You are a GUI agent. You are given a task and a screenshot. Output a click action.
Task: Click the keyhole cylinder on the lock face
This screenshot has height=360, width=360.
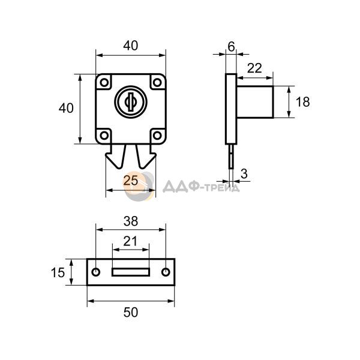coord(131,102)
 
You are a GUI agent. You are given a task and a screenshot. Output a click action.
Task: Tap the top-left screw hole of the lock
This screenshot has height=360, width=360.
coord(104,82)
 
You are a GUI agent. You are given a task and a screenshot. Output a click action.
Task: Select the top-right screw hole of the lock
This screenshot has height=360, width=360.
coord(157,82)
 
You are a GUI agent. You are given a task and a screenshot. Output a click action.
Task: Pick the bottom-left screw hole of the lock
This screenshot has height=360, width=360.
coord(104,136)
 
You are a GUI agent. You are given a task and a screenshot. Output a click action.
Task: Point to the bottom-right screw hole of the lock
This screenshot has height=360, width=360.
coord(157,136)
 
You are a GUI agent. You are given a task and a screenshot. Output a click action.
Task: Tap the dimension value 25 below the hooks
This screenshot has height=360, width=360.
coord(131,181)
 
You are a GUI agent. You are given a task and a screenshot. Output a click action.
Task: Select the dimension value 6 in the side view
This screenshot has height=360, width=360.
coord(231,47)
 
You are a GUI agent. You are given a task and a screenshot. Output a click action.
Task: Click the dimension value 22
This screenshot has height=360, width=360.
coord(254,68)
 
